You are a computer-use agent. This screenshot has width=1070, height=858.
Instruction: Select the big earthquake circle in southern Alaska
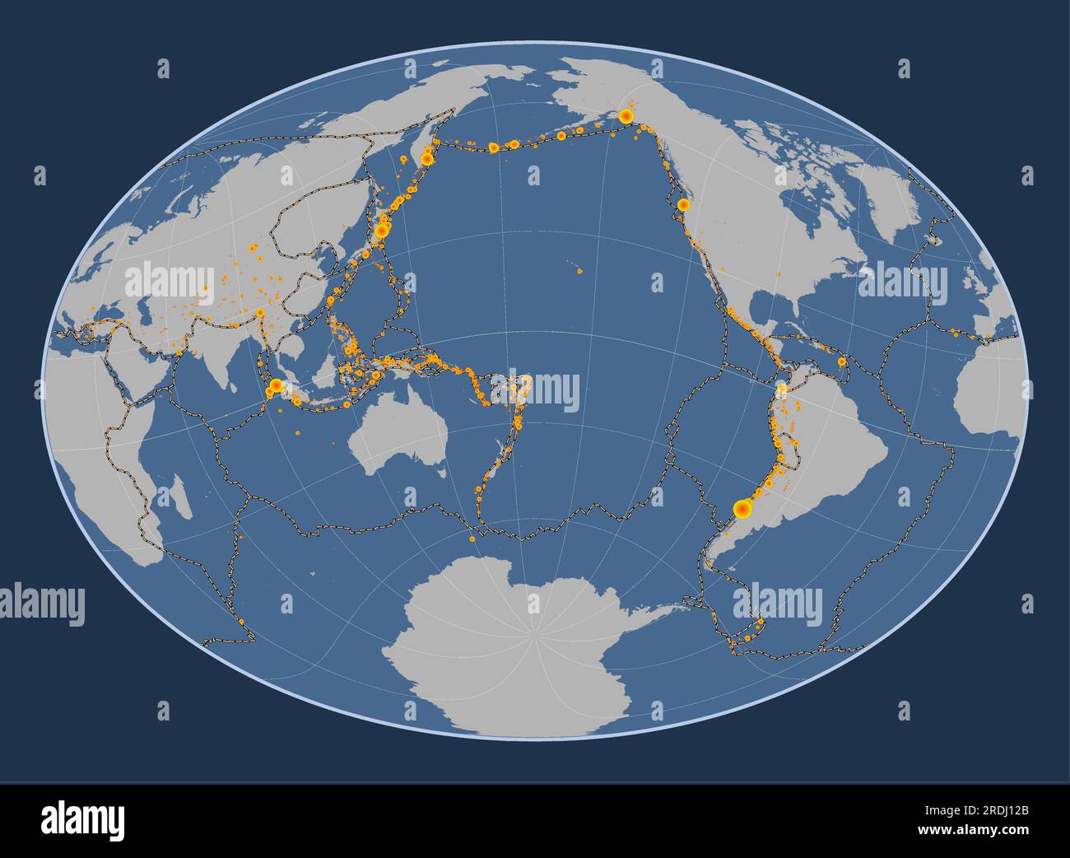click(x=626, y=116)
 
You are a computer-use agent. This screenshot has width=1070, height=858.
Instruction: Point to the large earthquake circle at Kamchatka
click(x=427, y=158)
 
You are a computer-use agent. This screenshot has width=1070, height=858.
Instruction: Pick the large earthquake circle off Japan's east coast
click(x=381, y=231)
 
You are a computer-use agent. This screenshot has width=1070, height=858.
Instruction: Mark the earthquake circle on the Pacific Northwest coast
click(x=682, y=203)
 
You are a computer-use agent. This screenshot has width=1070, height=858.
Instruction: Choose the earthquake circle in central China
click(x=260, y=312)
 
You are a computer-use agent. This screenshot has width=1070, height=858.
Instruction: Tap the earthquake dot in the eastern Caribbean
click(x=841, y=361)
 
